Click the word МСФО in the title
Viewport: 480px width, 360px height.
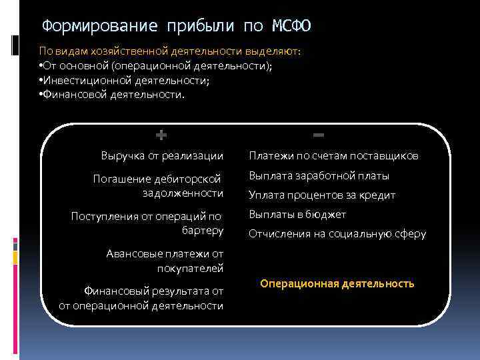click(x=291, y=26)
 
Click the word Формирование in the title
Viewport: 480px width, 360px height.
click(x=100, y=26)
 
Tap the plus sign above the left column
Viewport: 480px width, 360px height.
click(x=161, y=135)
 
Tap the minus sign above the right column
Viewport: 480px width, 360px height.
click(x=319, y=135)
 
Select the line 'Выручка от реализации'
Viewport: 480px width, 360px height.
click(x=162, y=156)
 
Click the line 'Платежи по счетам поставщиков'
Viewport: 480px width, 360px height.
click(x=334, y=156)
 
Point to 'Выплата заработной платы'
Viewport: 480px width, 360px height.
click(x=319, y=177)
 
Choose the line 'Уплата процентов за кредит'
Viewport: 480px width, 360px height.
click(x=322, y=195)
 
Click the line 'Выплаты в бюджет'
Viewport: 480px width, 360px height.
click(x=297, y=215)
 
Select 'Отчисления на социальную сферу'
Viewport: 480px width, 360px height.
click(x=337, y=234)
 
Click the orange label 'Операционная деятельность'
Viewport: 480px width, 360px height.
click(x=337, y=283)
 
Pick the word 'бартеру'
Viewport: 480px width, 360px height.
click(x=202, y=231)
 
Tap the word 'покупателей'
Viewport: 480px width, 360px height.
click(x=190, y=268)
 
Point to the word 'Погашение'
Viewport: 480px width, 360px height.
click(x=120, y=179)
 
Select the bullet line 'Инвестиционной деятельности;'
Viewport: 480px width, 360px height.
click(x=124, y=80)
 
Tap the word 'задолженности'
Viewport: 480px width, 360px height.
click(x=183, y=193)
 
